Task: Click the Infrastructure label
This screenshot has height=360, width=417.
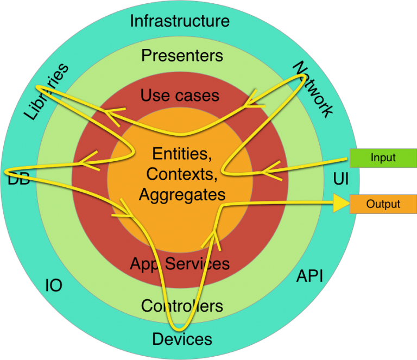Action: pos(180,21)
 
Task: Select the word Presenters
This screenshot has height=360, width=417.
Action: pos(182,55)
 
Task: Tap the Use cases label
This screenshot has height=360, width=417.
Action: pos(180,96)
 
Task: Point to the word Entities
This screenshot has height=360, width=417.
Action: pos(180,154)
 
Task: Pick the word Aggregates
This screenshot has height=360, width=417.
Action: pos(182,194)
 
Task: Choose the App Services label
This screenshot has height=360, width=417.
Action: pos(180,264)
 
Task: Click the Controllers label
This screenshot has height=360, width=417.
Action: pos(182,306)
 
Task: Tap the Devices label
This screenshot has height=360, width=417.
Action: pos(182,339)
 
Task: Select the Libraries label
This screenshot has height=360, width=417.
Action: pos(47,92)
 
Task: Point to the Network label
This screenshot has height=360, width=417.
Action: pos(313,90)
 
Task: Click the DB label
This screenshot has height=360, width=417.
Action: pos(18,179)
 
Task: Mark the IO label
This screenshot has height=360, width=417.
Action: pos(53,286)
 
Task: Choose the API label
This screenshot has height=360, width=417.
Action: pos(309,276)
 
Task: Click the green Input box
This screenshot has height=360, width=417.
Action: pos(383,158)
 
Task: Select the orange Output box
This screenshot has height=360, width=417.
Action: pos(383,204)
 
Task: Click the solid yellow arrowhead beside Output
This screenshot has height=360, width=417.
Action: pos(340,204)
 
